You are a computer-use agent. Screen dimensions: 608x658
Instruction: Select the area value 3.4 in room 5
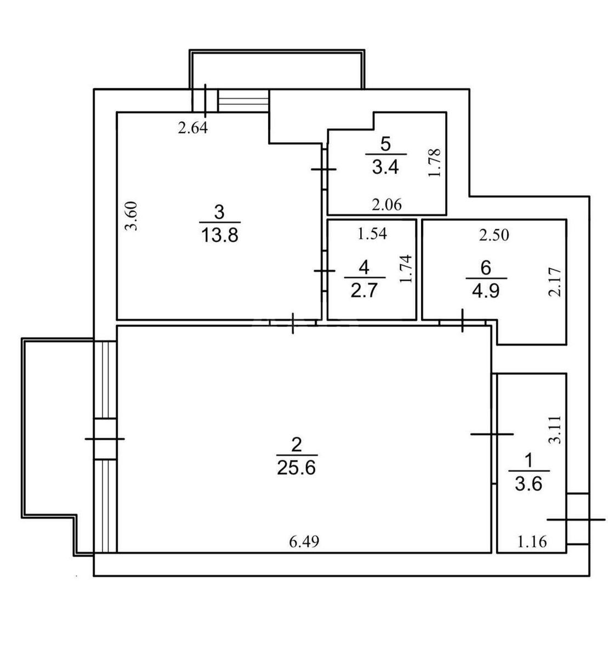pyautogui.click(x=385, y=168)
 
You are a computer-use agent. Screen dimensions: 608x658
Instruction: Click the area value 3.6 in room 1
pyautogui.click(x=528, y=484)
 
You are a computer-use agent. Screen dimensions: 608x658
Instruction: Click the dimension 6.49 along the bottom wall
pyautogui.click(x=304, y=542)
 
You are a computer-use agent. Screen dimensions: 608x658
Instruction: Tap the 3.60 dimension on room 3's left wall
pyautogui.click(x=130, y=215)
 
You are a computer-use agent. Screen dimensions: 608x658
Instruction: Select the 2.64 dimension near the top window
pyautogui.click(x=192, y=128)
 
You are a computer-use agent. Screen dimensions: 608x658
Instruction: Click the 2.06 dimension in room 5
pyautogui.click(x=387, y=205)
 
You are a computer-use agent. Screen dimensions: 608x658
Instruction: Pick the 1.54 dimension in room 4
pyautogui.click(x=372, y=234)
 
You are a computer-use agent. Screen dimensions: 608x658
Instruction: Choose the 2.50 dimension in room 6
pyautogui.click(x=494, y=235)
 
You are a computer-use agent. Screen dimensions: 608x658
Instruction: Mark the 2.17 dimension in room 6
pyautogui.click(x=555, y=282)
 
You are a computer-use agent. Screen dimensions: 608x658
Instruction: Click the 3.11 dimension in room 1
pyautogui.click(x=555, y=429)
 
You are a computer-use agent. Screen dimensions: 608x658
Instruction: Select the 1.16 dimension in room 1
pyautogui.click(x=532, y=542)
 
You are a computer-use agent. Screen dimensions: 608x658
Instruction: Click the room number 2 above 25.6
pyautogui.click(x=296, y=445)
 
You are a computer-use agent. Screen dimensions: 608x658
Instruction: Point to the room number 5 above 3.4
pyautogui.click(x=385, y=144)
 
